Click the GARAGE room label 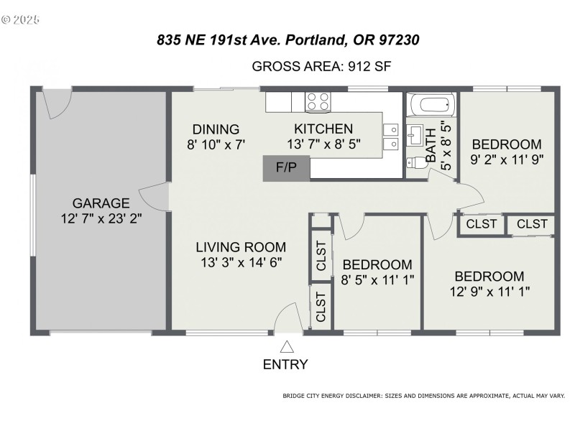[101, 203]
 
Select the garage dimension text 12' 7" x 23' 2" [101, 218]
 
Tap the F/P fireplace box [286, 167]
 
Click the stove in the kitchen [318, 101]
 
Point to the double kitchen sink [391, 137]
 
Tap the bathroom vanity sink [415, 134]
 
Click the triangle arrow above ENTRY [286, 347]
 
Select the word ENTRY [285, 364]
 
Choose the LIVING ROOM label [241, 247]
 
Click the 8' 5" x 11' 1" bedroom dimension [377, 279]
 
